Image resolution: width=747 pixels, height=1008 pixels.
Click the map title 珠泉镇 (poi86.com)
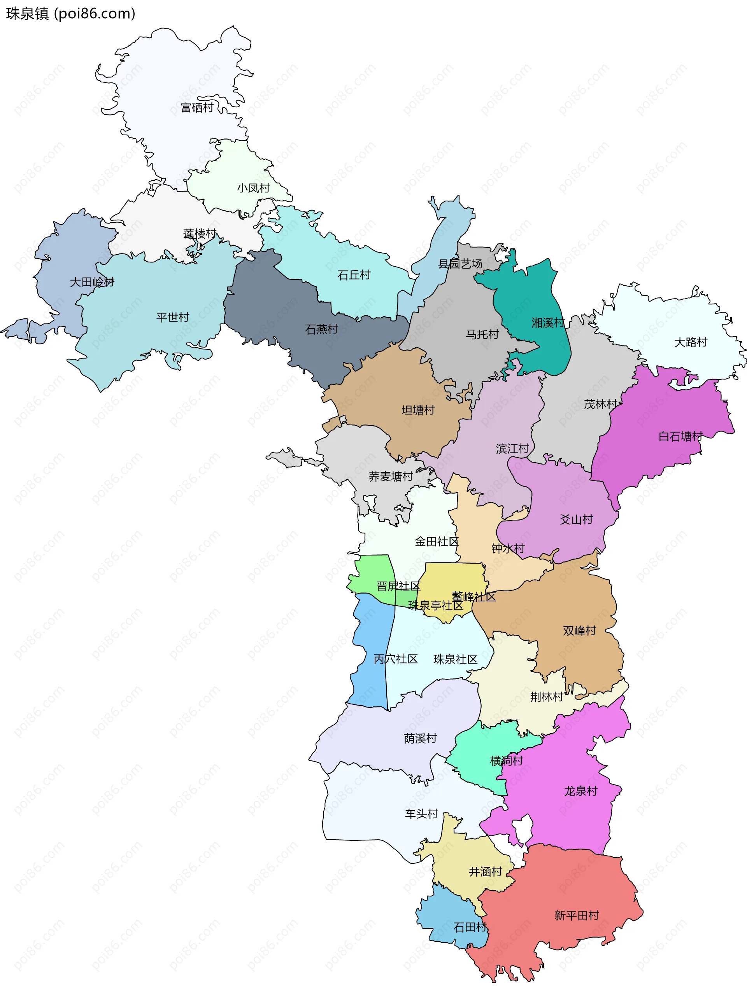tap(70, 14)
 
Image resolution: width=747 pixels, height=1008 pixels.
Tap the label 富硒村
tap(197, 108)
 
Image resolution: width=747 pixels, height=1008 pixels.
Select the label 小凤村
tap(253, 188)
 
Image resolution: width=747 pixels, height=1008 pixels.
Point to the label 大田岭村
tap(92, 282)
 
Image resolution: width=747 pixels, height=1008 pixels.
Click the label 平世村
tap(172, 317)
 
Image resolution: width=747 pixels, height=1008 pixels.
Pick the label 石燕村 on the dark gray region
tap(321, 329)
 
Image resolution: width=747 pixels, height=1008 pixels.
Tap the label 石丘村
tap(354, 275)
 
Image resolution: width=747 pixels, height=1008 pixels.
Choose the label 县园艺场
tap(460, 264)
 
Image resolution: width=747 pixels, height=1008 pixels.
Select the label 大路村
tap(690, 342)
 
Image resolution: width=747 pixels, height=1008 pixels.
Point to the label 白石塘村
tap(680, 436)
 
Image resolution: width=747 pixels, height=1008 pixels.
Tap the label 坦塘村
tap(418, 410)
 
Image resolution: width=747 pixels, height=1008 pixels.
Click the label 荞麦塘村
tap(390, 476)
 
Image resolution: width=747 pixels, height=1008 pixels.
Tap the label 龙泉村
tap(580, 791)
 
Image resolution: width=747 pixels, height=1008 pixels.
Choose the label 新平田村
tap(576, 915)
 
